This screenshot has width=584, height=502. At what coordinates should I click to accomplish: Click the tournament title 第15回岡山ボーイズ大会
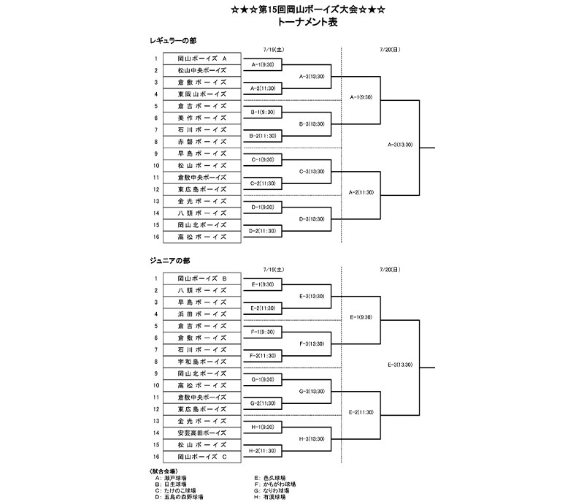point(292,10)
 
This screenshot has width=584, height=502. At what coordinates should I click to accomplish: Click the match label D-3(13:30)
point(312,218)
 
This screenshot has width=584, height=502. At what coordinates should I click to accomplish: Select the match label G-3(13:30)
point(312,391)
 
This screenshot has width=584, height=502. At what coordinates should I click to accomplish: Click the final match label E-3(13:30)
point(400,364)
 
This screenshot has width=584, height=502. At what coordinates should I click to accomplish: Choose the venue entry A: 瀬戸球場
point(169,477)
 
